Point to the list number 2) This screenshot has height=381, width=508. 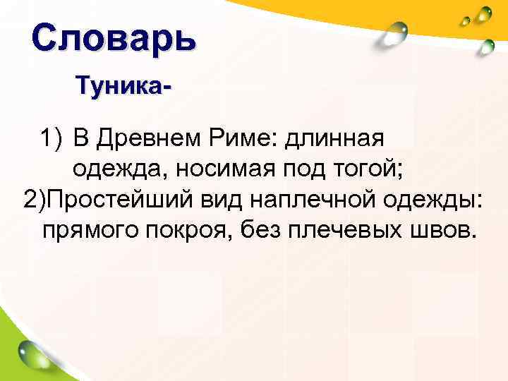(x=36, y=198)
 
